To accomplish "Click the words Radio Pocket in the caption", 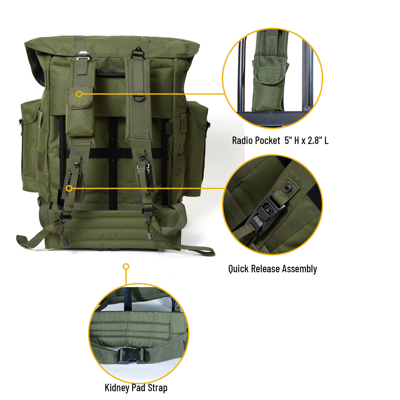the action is coord(256,141).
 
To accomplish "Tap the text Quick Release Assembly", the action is coord(273,269).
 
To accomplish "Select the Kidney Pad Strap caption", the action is coord(136,388).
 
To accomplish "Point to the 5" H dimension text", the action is coord(292,141).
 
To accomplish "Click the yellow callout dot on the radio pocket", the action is coord(79,94).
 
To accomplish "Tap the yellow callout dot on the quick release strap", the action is coord(69,189).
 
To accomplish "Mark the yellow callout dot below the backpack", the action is coord(126,266).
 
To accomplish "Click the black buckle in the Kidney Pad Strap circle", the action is coord(131,356).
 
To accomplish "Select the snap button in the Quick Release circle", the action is coord(287,189).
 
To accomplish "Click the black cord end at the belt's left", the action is coord(65,241).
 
